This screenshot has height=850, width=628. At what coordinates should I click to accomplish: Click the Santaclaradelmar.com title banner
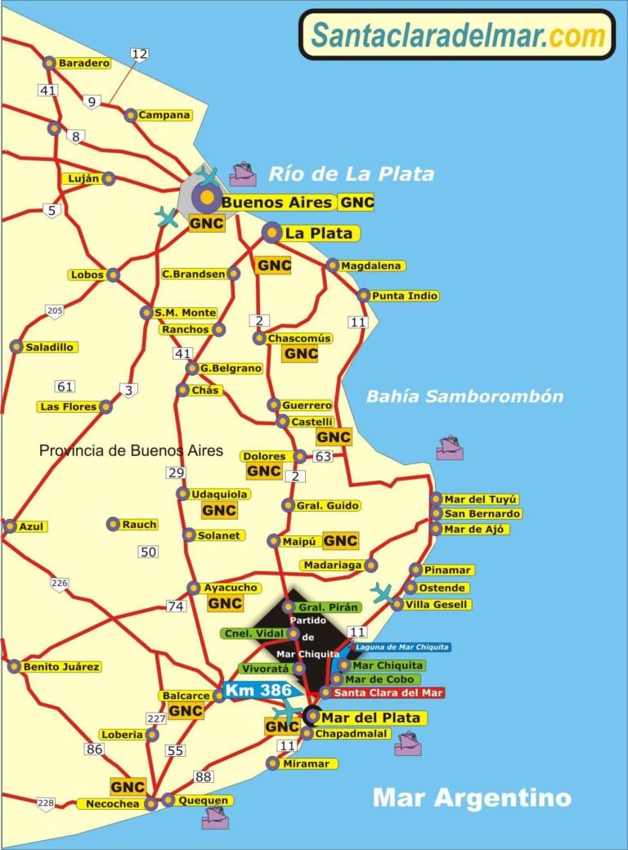[457, 35]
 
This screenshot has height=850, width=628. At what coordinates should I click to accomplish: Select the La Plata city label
[318, 234]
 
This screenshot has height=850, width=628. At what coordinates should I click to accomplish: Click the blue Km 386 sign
[258, 691]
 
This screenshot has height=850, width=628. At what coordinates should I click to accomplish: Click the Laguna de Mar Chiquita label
[401, 647]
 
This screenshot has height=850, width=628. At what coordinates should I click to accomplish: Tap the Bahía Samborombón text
[464, 397]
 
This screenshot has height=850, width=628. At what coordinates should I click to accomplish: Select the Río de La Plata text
[352, 174]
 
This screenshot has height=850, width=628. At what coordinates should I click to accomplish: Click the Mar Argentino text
[472, 797]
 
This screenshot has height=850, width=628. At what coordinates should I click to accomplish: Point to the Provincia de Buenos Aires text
[132, 450]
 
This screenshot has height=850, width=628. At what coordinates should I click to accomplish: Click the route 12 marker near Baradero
[140, 54]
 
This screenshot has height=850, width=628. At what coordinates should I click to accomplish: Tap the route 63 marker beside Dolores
[323, 456]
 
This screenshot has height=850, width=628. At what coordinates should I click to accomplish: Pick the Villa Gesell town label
[441, 605]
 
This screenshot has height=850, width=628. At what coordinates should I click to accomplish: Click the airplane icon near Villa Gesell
[382, 592]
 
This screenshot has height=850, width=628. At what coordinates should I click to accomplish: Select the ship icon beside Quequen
[215, 817]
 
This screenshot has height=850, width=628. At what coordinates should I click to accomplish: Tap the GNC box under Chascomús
[300, 354]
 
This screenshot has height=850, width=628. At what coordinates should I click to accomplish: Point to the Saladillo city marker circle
[16, 347]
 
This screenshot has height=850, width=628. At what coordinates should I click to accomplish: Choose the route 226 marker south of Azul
[59, 584]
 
